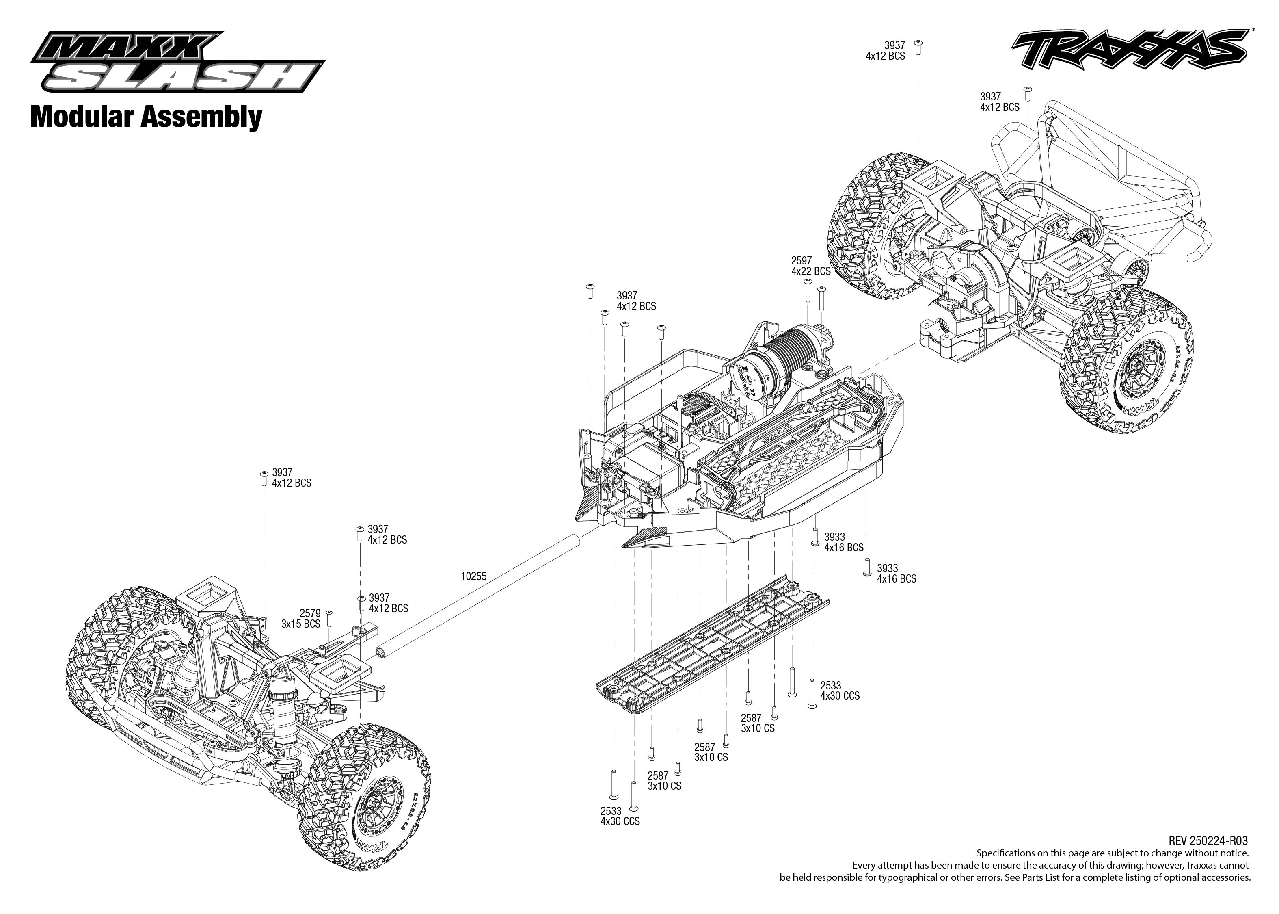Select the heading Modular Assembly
[146, 117]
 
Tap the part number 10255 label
[473, 576]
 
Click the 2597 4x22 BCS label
[810, 266]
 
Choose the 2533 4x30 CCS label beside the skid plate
[840, 691]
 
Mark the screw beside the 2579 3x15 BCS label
[330, 618]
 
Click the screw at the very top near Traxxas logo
[918, 47]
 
